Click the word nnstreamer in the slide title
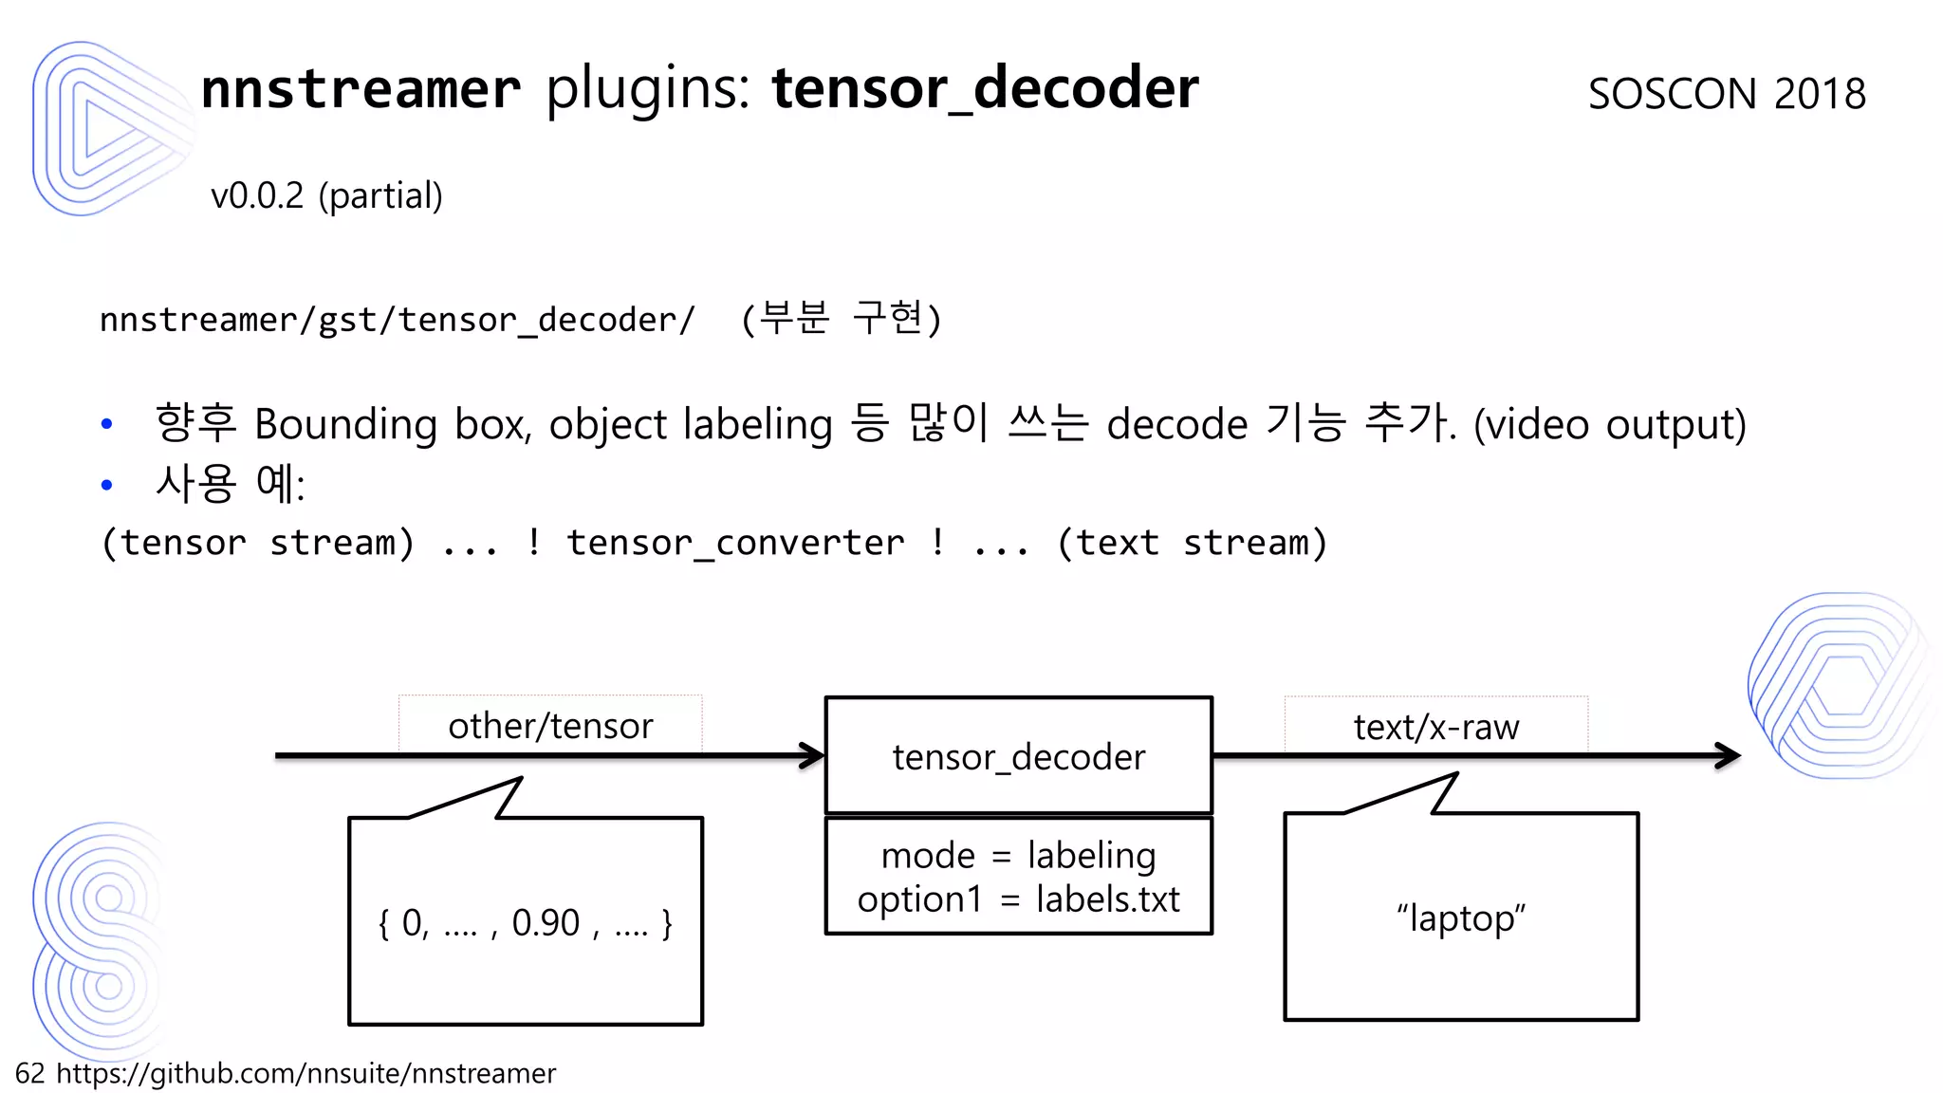[361, 89]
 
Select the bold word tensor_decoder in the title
[985, 89]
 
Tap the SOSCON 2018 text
[1727, 94]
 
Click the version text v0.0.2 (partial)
[326, 196]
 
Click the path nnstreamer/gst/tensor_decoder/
[398, 321]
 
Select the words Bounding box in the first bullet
[390, 424]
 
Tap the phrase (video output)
[1609, 424]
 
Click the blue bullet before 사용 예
[107, 485]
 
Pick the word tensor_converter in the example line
[735, 544]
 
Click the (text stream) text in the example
[1192, 544]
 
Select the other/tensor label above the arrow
[550, 727]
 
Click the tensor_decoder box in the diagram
[1019, 756]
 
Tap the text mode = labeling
[1018, 856]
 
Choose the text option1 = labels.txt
[1018, 899]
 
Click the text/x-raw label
[1435, 728]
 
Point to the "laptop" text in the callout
[1461, 918]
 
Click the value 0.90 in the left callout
[546, 923]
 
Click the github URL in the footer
[305, 1073]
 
